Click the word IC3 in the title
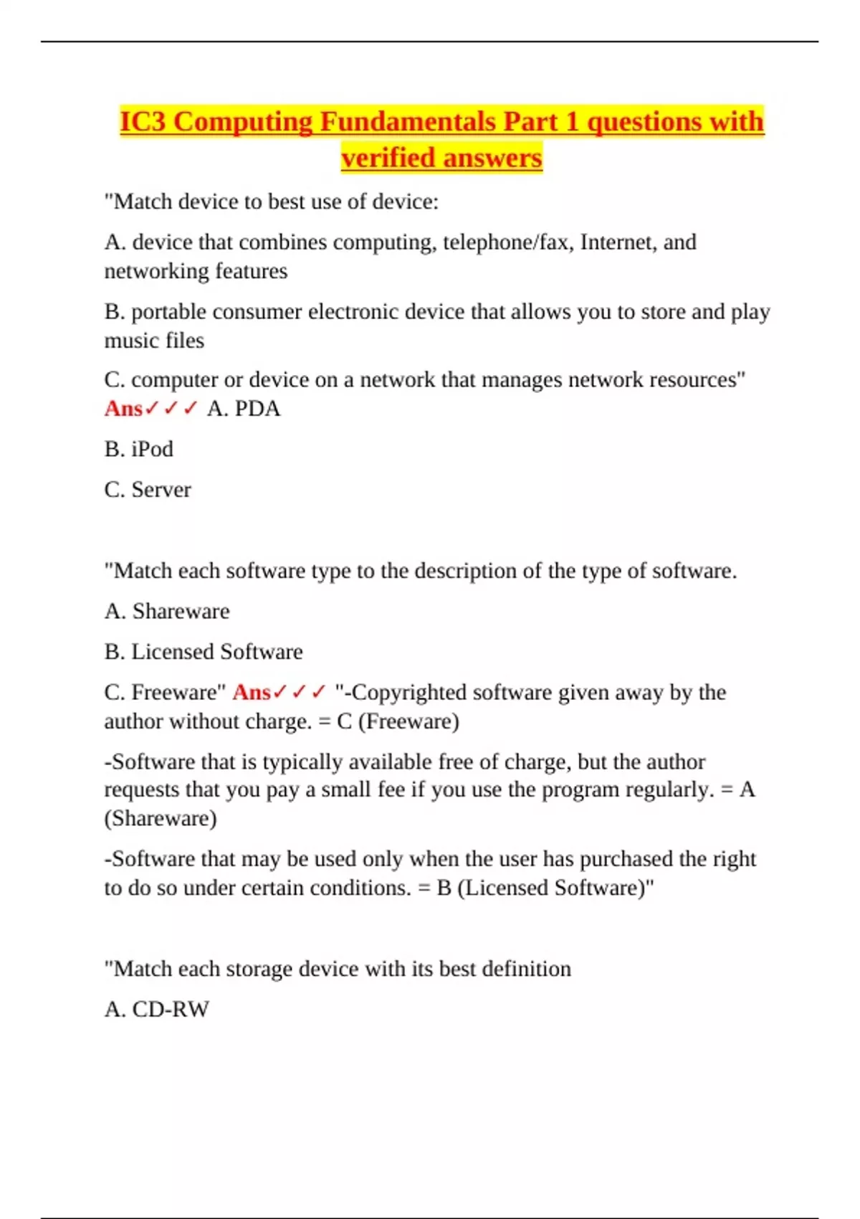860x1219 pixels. (143, 122)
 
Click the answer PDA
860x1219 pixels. (257, 409)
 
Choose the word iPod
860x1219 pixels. (152, 450)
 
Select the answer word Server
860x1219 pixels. (161, 490)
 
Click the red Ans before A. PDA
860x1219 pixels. (123, 409)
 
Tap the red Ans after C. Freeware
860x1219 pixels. (252, 693)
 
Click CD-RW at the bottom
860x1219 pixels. (171, 1010)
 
